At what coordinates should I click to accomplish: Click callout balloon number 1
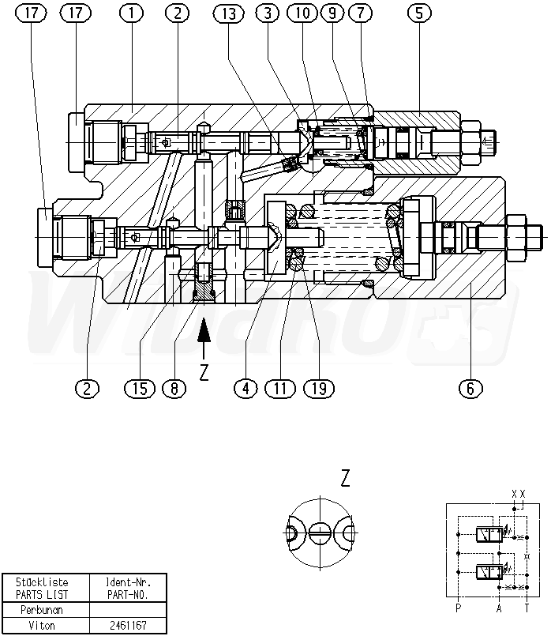tap(131, 13)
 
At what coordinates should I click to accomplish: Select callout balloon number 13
tap(229, 13)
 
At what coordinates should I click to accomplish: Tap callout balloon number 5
tap(419, 13)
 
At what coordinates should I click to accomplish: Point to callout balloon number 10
tap(302, 13)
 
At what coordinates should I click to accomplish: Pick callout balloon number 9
tap(332, 13)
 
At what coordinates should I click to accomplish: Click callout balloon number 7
tap(360, 13)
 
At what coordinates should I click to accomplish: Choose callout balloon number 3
tap(268, 13)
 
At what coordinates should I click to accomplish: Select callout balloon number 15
tap(140, 388)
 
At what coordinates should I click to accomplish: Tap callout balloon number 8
tap(174, 388)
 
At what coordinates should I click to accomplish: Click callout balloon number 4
tap(246, 388)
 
